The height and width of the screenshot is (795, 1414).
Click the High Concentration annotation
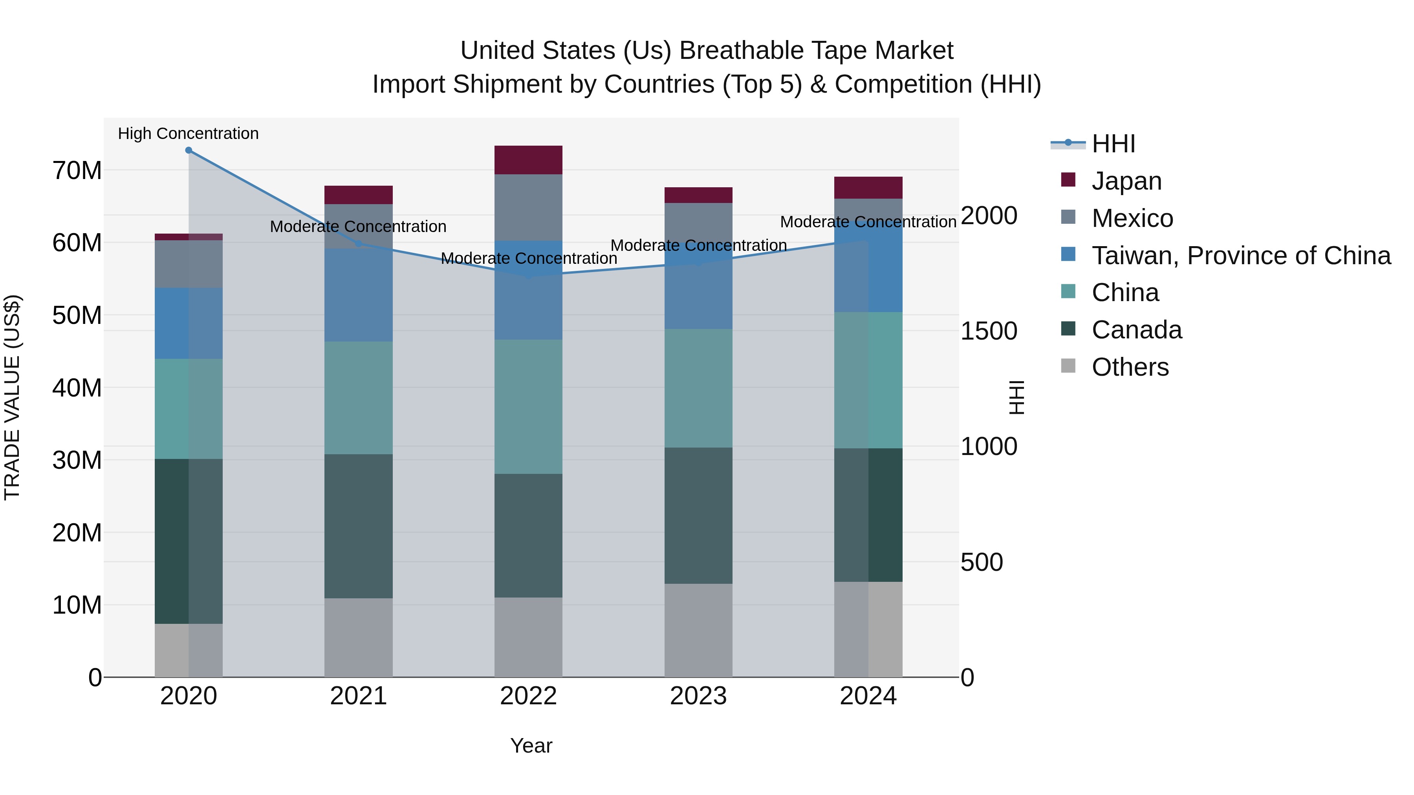pyautogui.click(x=188, y=133)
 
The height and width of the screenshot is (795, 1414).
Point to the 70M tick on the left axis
pyautogui.click(x=77, y=171)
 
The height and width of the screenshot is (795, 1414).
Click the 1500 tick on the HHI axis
pyautogui.click(x=989, y=331)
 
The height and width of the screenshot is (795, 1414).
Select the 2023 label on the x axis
pyautogui.click(x=698, y=696)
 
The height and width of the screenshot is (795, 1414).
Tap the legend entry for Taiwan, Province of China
pyautogui.click(x=1240, y=256)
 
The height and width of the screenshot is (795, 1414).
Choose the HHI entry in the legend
pyautogui.click(x=1113, y=144)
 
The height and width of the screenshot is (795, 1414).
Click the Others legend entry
pyautogui.click(x=1130, y=367)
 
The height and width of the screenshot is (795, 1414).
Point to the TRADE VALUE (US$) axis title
pyautogui.click(x=12, y=397)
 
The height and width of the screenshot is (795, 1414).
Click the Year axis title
pyautogui.click(x=531, y=746)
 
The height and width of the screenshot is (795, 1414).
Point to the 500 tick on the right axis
pyautogui.click(x=982, y=562)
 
